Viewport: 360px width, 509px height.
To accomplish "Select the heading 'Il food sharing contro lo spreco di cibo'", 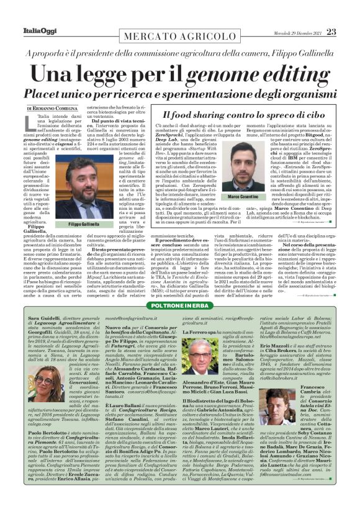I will click(x=232, y=114).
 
